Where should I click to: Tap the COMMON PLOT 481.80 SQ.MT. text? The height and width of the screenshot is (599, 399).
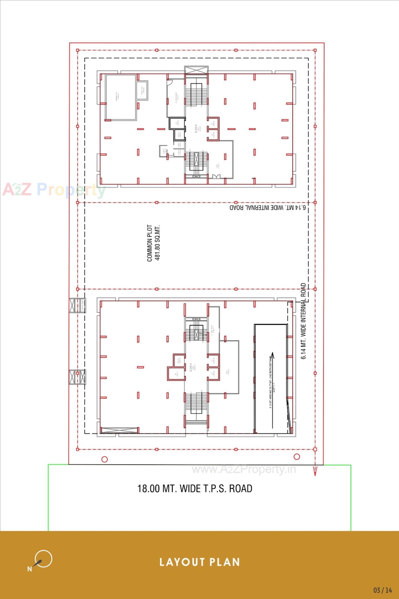pos(153,243)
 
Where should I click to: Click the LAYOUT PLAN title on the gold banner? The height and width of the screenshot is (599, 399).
pos(199,562)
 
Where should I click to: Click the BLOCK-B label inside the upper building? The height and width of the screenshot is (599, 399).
pos(196,129)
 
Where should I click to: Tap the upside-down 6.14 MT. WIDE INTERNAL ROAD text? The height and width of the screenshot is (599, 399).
pos(267,207)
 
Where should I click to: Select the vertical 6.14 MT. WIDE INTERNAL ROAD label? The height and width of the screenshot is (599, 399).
pos(303,321)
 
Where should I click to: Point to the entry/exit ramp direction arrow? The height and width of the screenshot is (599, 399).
pos(272,390)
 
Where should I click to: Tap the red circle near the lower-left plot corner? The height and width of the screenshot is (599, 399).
pos(105,459)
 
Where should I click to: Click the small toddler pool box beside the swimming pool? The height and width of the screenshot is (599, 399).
pos(142,91)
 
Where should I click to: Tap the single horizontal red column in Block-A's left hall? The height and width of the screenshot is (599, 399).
pos(140,367)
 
